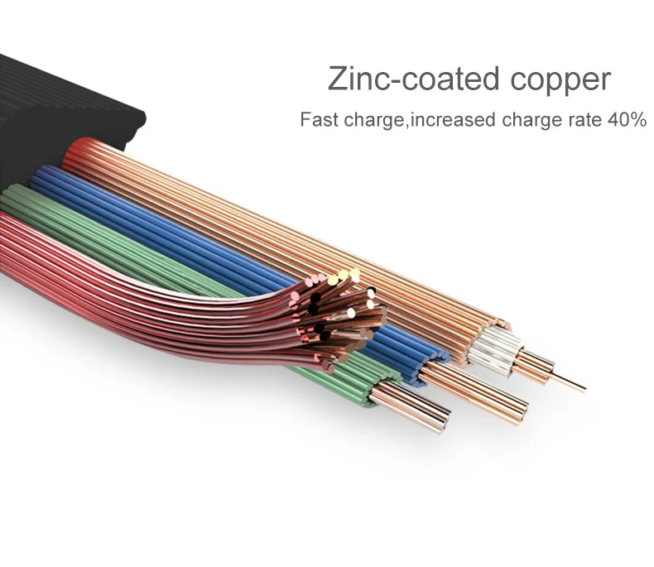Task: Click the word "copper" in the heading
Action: (x=560, y=79)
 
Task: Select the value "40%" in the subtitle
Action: (x=626, y=120)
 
